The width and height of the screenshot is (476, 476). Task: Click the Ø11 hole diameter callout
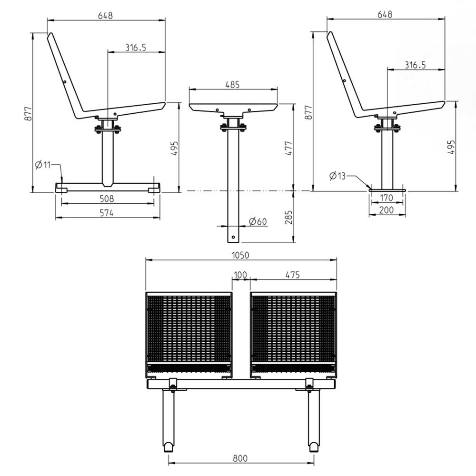point(42,165)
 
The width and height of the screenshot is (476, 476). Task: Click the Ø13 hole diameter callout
point(337,176)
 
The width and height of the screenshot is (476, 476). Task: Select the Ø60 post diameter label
point(258,221)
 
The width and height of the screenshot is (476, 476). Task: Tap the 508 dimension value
point(107,198)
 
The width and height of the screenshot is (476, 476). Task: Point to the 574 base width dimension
point(107,213)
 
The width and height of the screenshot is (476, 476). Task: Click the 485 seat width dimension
point(233,84)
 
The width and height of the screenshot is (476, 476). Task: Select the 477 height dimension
point(289,149)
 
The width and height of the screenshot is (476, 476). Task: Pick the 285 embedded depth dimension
point(289,218)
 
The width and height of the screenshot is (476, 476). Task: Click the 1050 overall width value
point(240,255)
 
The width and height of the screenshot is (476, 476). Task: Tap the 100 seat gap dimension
point(240,275)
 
